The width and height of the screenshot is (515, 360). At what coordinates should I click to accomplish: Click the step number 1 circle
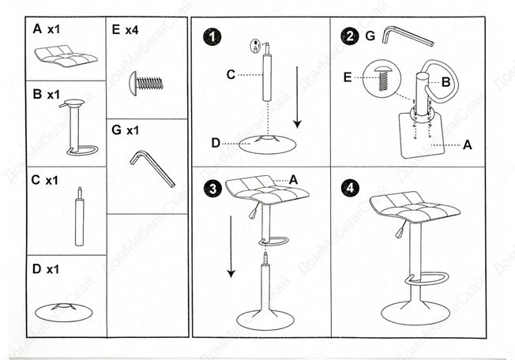(x=210, y=37)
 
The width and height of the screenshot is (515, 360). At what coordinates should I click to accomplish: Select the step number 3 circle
(x=210, y=189)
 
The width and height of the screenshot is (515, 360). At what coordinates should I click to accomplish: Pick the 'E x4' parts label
(x=126, y=30)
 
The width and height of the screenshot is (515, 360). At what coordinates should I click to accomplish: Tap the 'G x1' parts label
(x=126, y=129)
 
